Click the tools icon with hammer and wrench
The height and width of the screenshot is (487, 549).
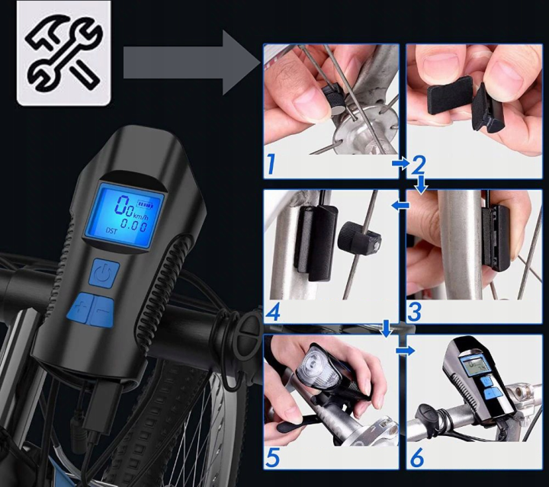point(64,53)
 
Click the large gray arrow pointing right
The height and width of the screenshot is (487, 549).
point(193,63)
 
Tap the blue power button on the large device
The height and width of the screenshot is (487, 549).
point(105,272)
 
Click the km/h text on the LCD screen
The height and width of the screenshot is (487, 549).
point(143,212)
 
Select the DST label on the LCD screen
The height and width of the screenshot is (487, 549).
point(112,230)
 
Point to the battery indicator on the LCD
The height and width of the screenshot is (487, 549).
point(146,203)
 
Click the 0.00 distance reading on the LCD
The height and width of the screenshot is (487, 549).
point(133,226)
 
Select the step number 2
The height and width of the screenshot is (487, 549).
point(419,165)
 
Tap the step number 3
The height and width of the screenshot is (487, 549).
point(414,312)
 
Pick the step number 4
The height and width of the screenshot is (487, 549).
point(273,312)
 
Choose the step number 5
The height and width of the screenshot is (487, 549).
point(273,457)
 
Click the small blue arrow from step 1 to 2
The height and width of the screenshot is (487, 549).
point(401,163)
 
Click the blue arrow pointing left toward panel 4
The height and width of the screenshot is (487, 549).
point(400,205)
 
